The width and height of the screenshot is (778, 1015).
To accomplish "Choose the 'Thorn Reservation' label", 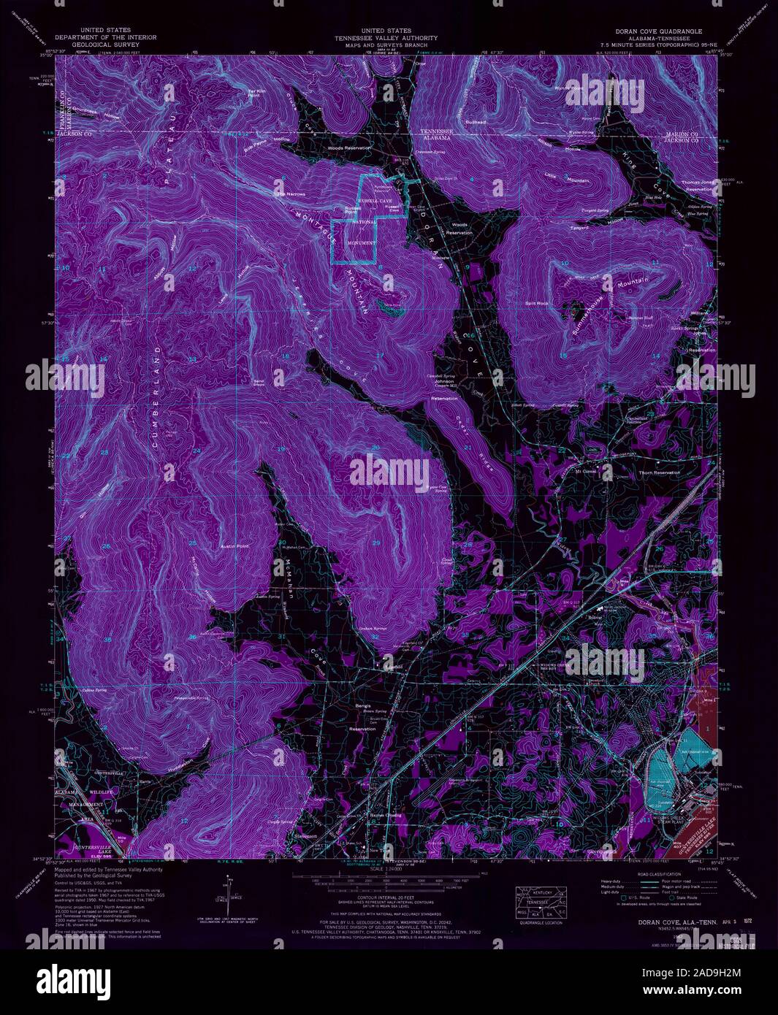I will click(660, 472).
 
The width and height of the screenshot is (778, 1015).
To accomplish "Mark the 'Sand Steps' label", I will click(258, 382).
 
